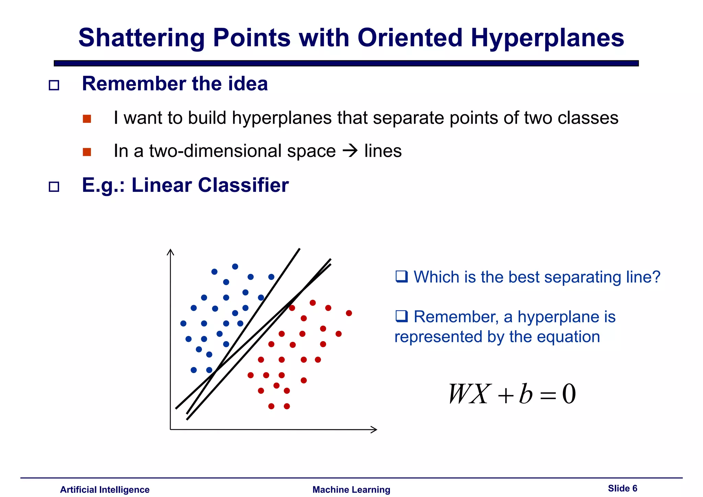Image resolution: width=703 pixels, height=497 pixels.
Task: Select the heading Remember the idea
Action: click(175, 84)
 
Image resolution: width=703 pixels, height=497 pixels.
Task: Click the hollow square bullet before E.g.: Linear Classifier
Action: click(54, 187)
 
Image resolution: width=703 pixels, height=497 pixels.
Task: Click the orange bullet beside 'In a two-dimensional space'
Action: click(87, 152)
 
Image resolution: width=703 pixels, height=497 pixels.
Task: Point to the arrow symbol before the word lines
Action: click(350, 151)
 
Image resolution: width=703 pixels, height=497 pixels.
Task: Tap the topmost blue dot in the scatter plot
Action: click(235, 267)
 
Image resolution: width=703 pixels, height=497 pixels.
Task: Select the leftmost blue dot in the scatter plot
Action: click(183, 323)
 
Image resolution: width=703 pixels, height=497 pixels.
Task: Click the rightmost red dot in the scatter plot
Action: click(349, 313)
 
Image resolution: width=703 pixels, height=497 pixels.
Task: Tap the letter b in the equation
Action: click(526, 394)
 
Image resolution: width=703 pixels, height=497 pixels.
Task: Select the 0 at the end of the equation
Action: click(569, 394)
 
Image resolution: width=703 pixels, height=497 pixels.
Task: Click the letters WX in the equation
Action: click(468, 394)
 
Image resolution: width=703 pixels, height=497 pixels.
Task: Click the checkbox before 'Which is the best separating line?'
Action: click(401, 277)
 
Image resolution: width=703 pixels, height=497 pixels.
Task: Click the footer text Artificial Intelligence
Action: click(105, 489)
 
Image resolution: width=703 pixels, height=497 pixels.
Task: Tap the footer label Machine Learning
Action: click(351, 489)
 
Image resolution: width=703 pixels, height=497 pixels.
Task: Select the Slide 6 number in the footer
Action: click(622, 488)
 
